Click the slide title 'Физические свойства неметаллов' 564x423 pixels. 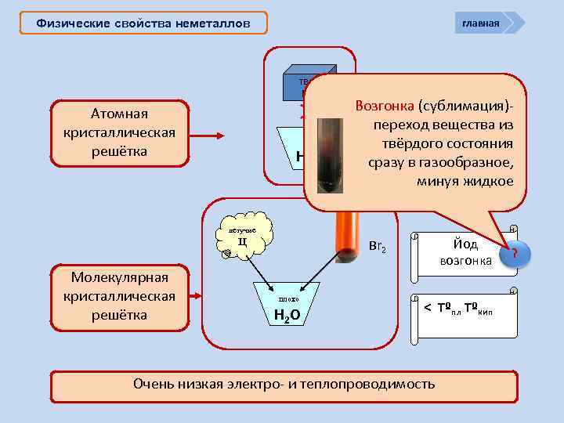coord(144,23)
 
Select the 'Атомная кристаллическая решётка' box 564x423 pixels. coord(120,133)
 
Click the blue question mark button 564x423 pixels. coord(515,253)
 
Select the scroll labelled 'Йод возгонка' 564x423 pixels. coord(465,252)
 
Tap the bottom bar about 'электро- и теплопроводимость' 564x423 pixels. coord(284,385)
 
